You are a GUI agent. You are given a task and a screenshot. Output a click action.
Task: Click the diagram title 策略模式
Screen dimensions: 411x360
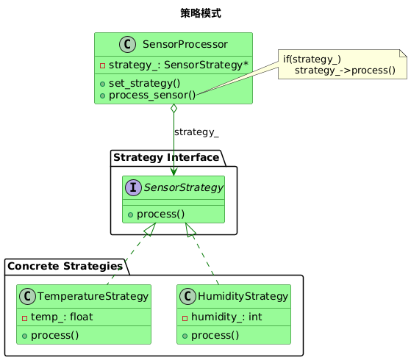201,13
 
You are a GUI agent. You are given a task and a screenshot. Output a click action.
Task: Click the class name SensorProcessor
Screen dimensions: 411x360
185,44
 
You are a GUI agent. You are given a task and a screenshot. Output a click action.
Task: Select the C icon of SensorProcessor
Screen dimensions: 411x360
128,44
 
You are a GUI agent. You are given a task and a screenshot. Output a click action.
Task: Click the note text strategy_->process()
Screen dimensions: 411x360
345,71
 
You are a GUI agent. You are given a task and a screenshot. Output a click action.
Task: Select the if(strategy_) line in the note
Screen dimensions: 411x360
312,60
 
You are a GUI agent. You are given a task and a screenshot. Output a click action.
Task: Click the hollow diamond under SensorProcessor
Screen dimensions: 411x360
174,108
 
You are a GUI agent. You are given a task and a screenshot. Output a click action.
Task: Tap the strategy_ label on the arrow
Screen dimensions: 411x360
196,132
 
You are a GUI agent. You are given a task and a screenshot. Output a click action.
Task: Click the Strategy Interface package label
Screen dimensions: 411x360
166,157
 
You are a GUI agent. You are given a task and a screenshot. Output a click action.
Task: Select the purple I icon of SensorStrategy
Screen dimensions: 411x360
133,187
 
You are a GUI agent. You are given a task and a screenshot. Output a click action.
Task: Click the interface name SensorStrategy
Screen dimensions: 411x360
184,187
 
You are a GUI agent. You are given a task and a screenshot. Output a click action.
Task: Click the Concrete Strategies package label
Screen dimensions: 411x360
65,266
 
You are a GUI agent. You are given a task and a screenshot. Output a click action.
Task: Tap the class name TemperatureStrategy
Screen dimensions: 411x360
93,296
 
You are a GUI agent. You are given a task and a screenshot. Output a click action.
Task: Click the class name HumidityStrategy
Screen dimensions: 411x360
243,296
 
